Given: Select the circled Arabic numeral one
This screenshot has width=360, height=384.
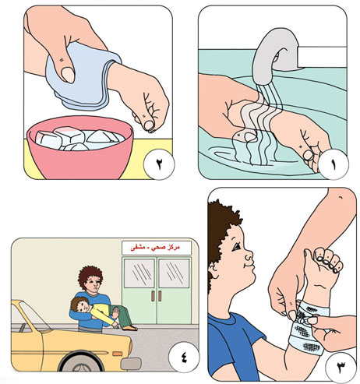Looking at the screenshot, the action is (334, 164).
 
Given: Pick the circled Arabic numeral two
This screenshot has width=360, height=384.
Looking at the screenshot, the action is (159, 164).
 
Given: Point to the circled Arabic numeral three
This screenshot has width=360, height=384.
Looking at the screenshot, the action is (341, 365).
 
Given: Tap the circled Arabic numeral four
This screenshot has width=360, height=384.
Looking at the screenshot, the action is (184, 358).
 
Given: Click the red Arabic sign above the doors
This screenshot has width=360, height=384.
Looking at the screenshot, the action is (156, 248).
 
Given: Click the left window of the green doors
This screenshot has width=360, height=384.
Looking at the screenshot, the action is (139, 273).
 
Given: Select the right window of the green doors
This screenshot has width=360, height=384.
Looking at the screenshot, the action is (174, 273).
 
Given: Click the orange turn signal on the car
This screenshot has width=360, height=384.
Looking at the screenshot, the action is (118, 354).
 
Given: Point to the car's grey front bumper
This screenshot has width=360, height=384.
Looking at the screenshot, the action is (131, 364).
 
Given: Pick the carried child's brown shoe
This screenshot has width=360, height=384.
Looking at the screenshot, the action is (129, 328).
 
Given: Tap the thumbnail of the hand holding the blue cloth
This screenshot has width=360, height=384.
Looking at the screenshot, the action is (68, 75).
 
